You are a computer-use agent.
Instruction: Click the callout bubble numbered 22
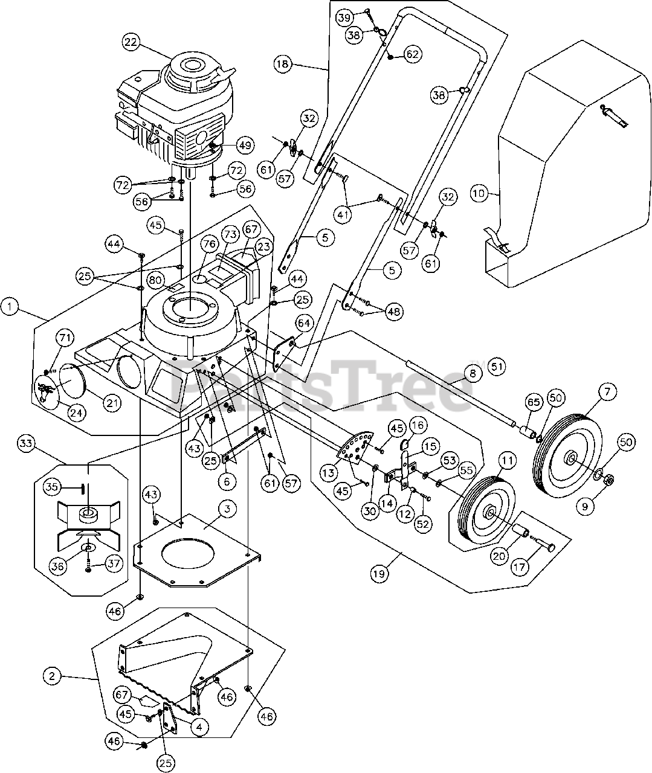click(x=131, y=42)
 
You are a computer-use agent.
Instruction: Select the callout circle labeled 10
click(x=479, y=194)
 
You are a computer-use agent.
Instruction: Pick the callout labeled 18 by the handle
click(x=282, y=63)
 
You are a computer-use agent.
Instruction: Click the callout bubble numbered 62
click(x=412, y=54)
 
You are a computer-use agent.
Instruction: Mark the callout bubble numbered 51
click(x=497, y=367)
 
